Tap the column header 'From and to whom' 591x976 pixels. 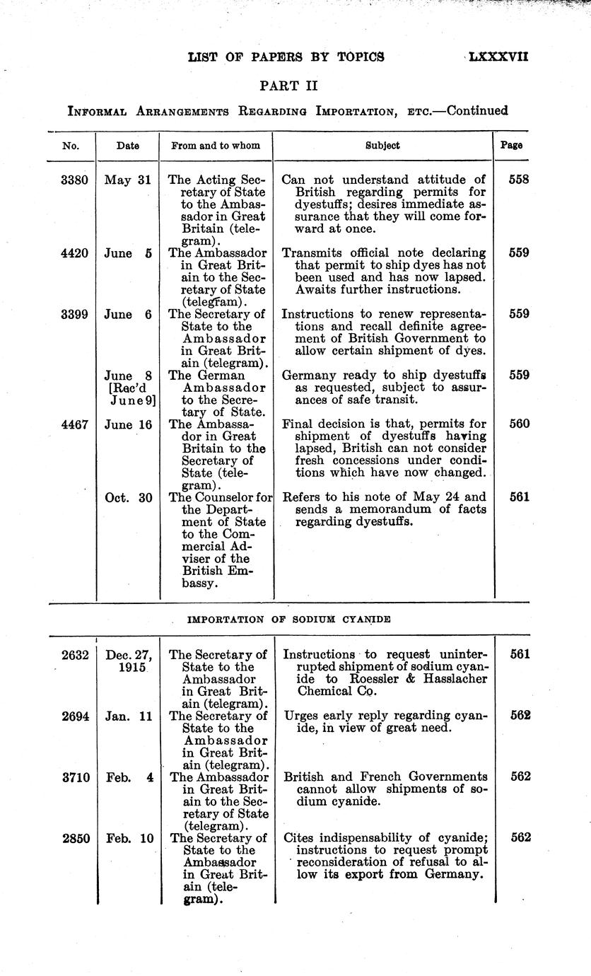pyautogui.click(x=216, y=146)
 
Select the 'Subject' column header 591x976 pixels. pyautogui.click(x=382, y=146)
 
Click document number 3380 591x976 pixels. pyautogui.click(x=75, y=180)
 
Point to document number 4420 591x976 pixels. pyautogui.click(x=75, y=252)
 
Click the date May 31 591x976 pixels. pyautogui.click(x=128, y=180)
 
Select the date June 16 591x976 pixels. pyautogui.click(x=128, y=424)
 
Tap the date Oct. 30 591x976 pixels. pyautogui.click(x=128, y=497)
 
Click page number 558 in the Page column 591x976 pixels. pyautogui.click(x=519, y=180)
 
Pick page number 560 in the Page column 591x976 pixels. pyautogui.click(x=519, y=424)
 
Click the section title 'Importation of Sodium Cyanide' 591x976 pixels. pyautogui.click(x=289, y=620)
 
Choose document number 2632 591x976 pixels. pyautogui.click(x=75, y=655)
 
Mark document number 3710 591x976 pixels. pyautogui.click(x=75, y=777)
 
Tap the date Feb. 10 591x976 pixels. pyautogui.click(x=128, y=838)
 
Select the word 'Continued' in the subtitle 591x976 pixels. pyautogui.click(x=478, y=110)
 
